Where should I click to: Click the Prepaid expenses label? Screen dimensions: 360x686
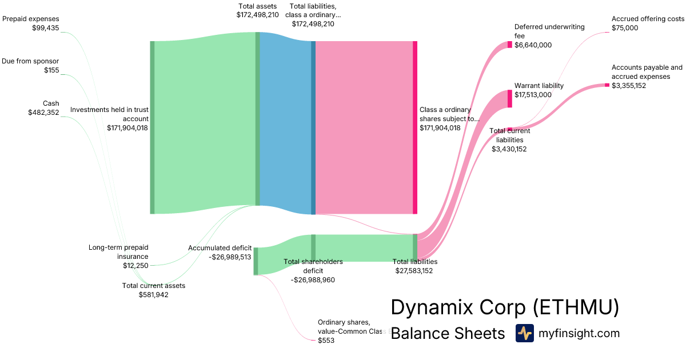(31, 19)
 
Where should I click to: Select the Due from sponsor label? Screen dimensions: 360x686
(30, 61)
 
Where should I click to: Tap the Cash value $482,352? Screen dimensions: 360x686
(43, 113)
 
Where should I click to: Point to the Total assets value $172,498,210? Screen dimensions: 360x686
(257, 14)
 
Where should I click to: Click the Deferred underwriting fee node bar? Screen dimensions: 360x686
(509, 45)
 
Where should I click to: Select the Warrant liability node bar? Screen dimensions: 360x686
(509, 99)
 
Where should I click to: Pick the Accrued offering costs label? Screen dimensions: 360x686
(648, 19)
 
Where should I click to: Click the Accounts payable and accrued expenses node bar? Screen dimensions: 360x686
(607, 85)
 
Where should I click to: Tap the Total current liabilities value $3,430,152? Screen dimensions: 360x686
(509, 149)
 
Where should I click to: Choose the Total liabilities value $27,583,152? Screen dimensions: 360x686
(414, 271)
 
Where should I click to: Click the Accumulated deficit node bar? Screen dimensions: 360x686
(256, 261)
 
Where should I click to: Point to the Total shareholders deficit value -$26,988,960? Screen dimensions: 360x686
(313, 280)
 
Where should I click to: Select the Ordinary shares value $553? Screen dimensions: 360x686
(326, 340)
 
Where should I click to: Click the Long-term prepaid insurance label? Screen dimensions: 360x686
(118, 251)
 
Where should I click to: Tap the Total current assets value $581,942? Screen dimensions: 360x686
(154, 295)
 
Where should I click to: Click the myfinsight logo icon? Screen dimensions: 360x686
(524, 333)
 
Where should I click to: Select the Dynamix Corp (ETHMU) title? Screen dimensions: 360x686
(505, 307)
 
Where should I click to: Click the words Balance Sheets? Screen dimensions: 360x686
(448, 333)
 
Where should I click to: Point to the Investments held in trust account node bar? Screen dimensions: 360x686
(152, 127)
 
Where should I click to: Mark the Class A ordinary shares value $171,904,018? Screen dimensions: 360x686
(440, 128)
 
